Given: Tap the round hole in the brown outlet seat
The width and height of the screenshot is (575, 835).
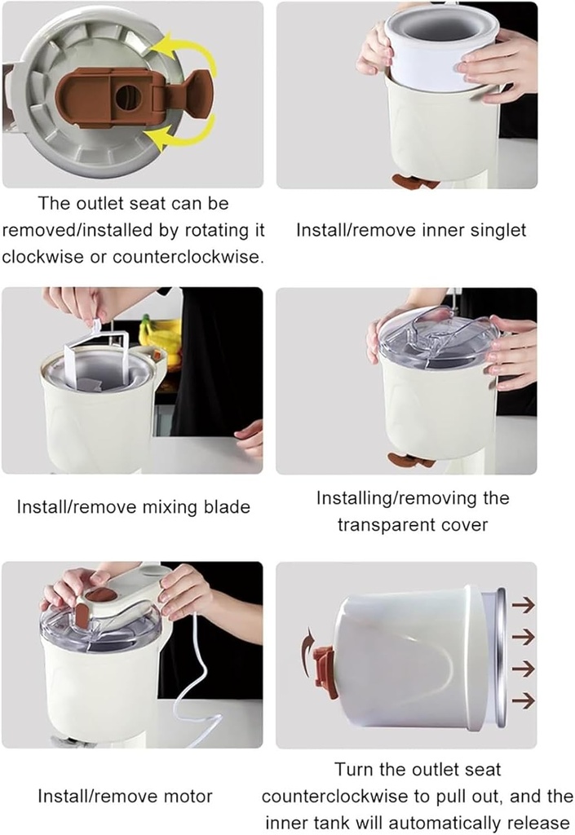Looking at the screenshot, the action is [x=128, y=98].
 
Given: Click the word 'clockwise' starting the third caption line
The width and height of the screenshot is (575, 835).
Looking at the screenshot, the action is [x=43, y=257].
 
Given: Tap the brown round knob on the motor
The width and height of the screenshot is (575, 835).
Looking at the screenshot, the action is [x=100, y=595].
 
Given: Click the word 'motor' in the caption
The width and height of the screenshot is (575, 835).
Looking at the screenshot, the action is [x=188, y=797].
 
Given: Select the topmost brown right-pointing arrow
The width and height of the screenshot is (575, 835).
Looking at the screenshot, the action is [x=523, y=606].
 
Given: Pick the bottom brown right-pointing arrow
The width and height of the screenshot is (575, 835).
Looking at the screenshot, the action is [x=523, y=700].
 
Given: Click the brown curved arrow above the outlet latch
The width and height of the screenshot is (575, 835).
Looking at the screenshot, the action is [x=307, y=645].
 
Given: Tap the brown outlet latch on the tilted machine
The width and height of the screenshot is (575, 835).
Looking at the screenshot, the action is [x=325, y=671].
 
